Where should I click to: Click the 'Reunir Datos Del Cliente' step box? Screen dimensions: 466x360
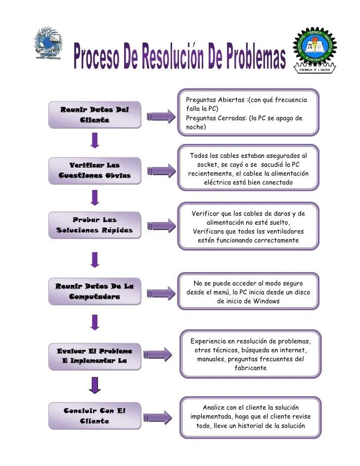pyautogui.click(x=94, y=114)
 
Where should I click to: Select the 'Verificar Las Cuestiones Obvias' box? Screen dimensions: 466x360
pyautogui.click(x=94, y=170)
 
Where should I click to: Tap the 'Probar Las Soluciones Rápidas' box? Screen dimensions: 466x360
pyautogui.click(x=94, y=225)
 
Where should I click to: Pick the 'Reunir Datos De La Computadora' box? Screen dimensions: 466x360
pyautogui.click(x=94, y=291)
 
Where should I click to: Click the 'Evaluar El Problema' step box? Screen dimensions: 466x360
pyautogui.click(x=94, y=356)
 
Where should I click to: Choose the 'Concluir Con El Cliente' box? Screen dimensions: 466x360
pyautogui.click(x=94, y=416)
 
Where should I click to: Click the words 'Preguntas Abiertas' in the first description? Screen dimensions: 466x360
pyautogui.click(x=215, y=100)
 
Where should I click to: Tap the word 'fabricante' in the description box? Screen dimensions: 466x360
pyautogui.click(x=251, y=368)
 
